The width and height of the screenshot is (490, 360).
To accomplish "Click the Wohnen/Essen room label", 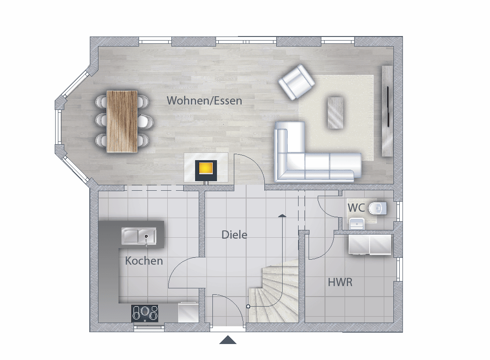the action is click(204, 101).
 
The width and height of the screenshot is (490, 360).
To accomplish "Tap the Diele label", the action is click(234, 235).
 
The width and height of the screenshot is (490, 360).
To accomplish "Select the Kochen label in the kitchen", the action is click(144, 261).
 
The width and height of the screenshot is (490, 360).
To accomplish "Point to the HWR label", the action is click(340, 282).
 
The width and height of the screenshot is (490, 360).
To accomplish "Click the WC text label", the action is click(356, 208).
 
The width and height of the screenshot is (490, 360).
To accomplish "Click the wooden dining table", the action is click(122, 122).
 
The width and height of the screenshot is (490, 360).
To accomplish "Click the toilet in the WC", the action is click(378, 209).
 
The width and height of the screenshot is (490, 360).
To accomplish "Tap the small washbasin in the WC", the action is click(356, 224).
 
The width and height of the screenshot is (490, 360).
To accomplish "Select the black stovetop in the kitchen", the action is click(144, 313).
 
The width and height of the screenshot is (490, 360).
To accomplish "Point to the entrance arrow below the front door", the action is click(228, 340).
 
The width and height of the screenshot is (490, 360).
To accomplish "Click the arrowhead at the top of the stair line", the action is click(282, 215).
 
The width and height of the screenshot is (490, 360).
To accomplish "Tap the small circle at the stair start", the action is click(248, 307).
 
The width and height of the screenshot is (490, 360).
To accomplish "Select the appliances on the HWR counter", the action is click(370, 244).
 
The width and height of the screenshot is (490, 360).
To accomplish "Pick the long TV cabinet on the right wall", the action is click(387, 111).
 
